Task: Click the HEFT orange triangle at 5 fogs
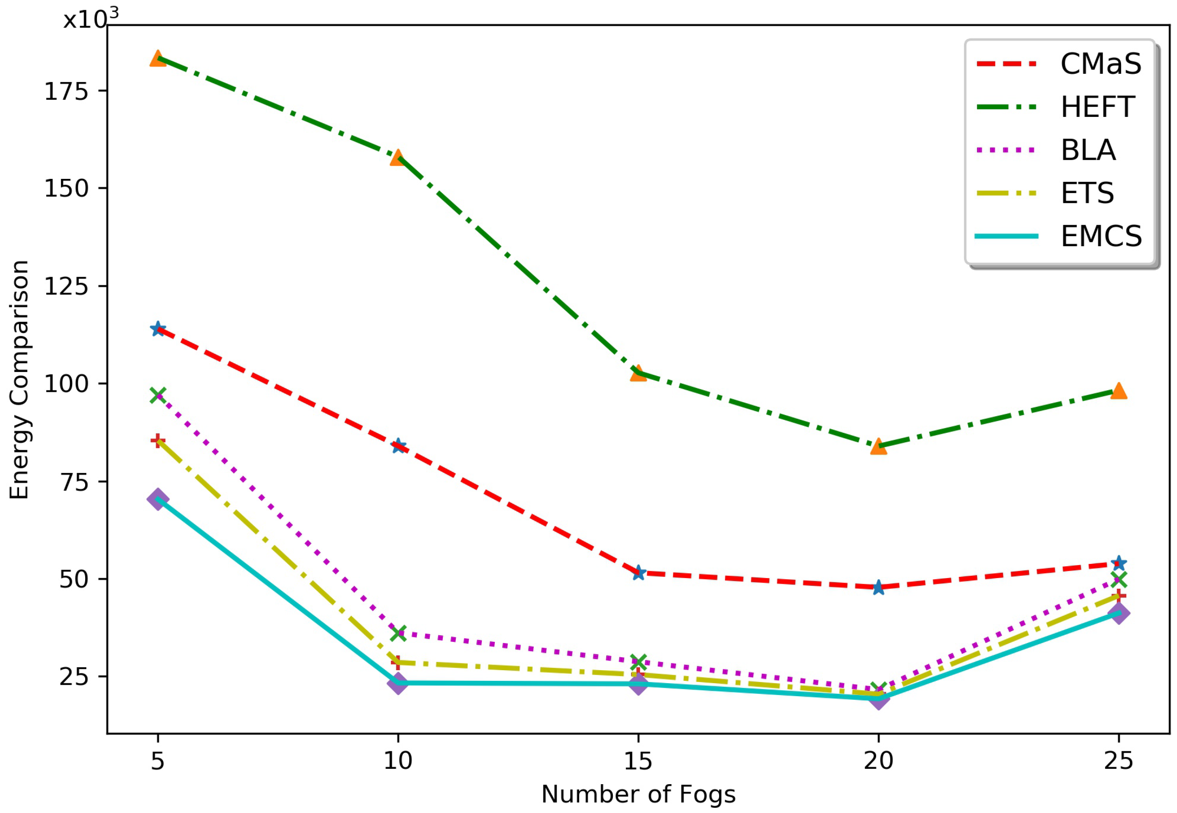(157, 58)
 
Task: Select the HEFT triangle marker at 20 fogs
(878, 447)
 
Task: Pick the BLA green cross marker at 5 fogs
(157, 395)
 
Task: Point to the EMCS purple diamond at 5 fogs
(157, 499)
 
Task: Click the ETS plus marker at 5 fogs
(157, 440)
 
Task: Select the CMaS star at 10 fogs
(398, 446)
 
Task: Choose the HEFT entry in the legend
(1098, 107)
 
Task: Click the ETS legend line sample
(1006, 193)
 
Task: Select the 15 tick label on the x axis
(638, 761)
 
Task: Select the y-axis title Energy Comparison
(19, 379)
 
